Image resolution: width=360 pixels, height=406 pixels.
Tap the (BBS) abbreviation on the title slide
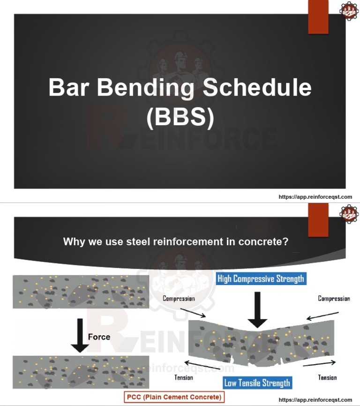click(x=180, y=118)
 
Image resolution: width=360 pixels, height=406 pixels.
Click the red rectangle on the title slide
click(x=318, y=17)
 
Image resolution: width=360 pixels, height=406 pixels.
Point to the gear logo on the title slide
click(x=348, y=11)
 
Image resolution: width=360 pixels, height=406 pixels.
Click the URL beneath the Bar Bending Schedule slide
click(x=315, y=197)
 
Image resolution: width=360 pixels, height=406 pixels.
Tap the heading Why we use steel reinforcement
click(x=175, y=242)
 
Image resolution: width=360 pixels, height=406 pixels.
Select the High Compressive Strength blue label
click(x=261, y=278)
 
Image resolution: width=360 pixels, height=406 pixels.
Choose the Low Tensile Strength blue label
click(x=257, y=383)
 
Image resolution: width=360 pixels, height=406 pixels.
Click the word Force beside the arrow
click(x=99, y=337)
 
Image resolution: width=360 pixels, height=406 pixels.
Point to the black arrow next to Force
click(x=80, y=335)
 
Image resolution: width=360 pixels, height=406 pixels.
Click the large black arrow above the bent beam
click(x=257, y=310)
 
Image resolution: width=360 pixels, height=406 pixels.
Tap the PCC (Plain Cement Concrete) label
click(x=174, y=397)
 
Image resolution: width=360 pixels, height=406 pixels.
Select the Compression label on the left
click(x=179, y=298)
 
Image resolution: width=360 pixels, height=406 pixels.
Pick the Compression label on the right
click(x=334, y=298)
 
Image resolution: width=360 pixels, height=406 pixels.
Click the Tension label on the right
click(x=327, y=377)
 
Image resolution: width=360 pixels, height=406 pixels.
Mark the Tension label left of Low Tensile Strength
click(x=184, y=377)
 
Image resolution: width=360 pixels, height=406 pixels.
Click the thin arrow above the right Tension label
click(x=319, y=363)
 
